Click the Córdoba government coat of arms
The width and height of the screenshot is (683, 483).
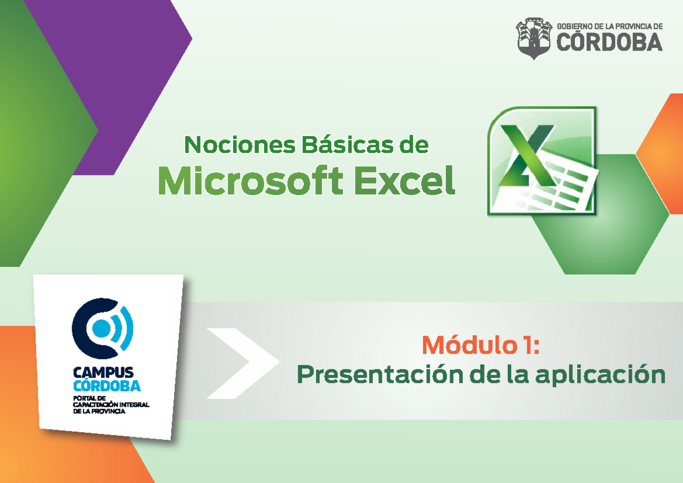[x=533, y=37]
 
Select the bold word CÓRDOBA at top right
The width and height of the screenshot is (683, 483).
[x=609, y=42]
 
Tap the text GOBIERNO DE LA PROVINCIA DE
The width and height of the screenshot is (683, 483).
[x=610, y=26]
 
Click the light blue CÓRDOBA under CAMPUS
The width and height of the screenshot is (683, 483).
[x=107, y=386]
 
